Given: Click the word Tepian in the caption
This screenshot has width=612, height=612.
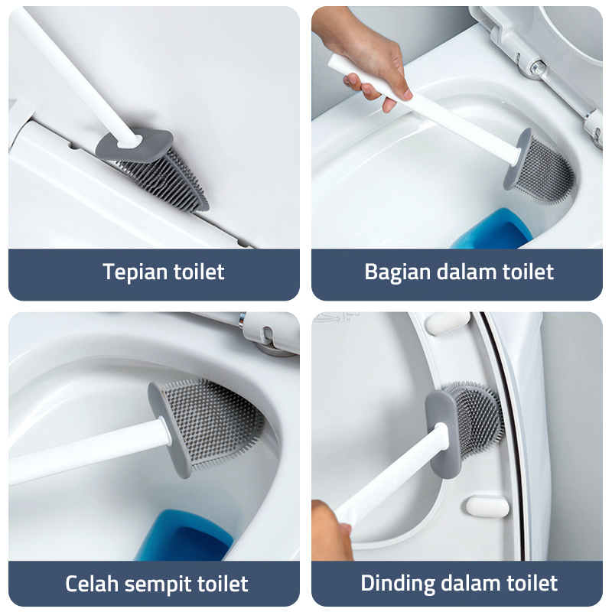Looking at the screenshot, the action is (135, 272).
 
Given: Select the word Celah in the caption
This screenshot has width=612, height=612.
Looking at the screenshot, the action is (92, 584).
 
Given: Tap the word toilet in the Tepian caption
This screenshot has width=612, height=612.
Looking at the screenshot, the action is (199, 272).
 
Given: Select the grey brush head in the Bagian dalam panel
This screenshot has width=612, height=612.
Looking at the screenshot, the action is (539, 167).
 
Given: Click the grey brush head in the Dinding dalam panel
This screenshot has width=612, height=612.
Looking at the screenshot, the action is (464, 425).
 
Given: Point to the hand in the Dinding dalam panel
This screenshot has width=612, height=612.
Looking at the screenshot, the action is (331, 530).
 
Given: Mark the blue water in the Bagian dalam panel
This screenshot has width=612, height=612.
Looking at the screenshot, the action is (493, 229).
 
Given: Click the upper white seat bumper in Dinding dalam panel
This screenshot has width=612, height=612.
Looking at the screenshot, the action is (448, 322).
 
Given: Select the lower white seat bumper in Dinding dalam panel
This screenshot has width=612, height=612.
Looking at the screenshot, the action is (487, 506).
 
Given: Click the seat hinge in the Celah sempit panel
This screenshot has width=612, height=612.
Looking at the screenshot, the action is (269, 333).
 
